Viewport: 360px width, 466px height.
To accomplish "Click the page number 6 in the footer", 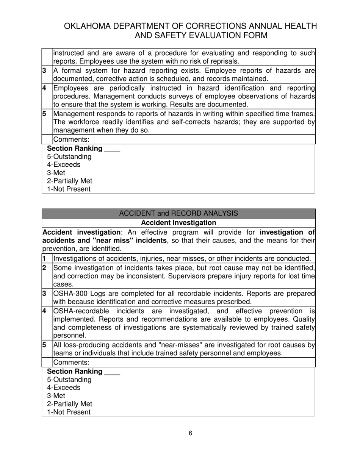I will coord(190,433).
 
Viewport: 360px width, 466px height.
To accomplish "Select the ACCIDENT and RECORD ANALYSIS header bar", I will coord(178,213).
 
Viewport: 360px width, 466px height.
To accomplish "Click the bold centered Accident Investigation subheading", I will coord(178,222).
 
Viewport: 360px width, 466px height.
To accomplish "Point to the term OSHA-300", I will coord(71,294).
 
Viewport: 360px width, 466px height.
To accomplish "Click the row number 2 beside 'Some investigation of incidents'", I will coord(44,268).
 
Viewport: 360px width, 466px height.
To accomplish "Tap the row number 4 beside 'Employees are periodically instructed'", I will coord(44,88).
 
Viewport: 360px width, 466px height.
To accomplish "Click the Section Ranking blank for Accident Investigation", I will coord(112,371).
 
